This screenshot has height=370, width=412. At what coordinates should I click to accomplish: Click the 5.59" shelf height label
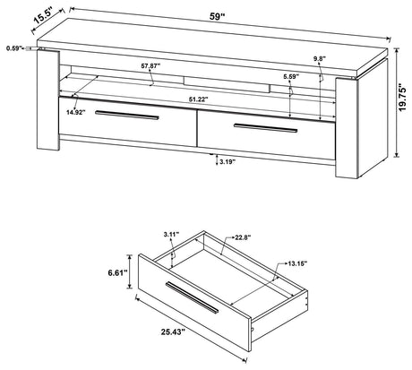(288, 76)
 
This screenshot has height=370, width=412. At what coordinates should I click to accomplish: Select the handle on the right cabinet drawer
(266, 128)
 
